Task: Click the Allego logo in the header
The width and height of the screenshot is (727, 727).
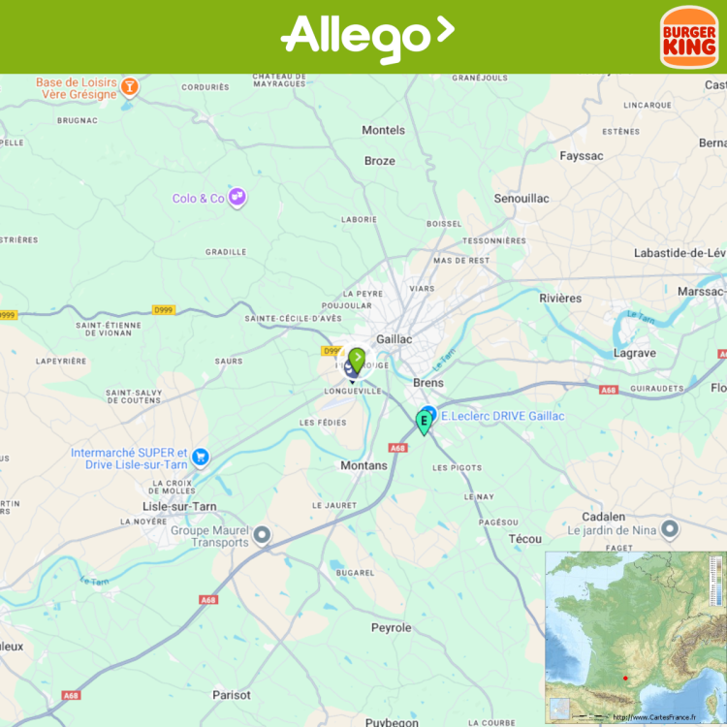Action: pos(366,37)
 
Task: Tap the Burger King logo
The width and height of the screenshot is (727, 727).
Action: pos(689,37)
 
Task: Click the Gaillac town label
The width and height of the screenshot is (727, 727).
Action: pos(393,339)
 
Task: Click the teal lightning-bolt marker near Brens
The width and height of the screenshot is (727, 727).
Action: pos(424,422)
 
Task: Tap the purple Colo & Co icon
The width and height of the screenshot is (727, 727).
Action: pos(237,198)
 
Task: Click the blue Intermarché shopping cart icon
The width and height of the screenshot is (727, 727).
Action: pos(201,457)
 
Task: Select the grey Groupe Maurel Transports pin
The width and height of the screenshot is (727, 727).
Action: pos(262,534)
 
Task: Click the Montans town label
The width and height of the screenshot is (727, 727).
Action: pos(363,465)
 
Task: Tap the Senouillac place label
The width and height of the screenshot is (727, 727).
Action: pos(522,199)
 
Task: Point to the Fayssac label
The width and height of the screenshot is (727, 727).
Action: pos(582,156)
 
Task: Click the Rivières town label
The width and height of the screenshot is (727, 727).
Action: pos(560,299)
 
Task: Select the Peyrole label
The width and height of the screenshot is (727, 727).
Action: pos(392,628)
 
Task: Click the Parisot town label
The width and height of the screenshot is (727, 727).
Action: pos(232,695)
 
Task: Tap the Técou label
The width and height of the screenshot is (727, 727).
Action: pos(524,539)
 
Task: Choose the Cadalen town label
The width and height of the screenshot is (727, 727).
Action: pos(603,517)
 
